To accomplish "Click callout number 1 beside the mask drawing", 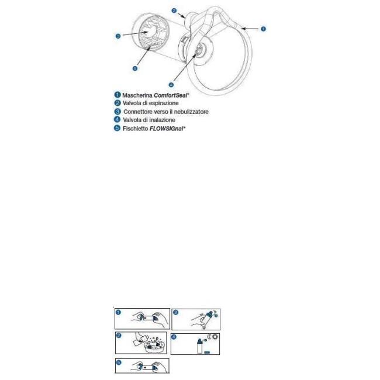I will (x=263, y=27).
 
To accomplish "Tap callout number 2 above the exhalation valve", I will (x=174, y=11).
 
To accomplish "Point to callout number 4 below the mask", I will (x=170, y=84).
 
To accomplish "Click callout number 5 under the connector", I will (x=135, y=68).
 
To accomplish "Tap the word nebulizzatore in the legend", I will (x=189, y=111).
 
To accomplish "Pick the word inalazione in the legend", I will (x=159, y=120).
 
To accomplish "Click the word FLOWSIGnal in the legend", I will (x=165, y=128).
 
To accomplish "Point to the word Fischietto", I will (x=134, y=128).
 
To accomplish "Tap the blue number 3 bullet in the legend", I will (x=117, y=111).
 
